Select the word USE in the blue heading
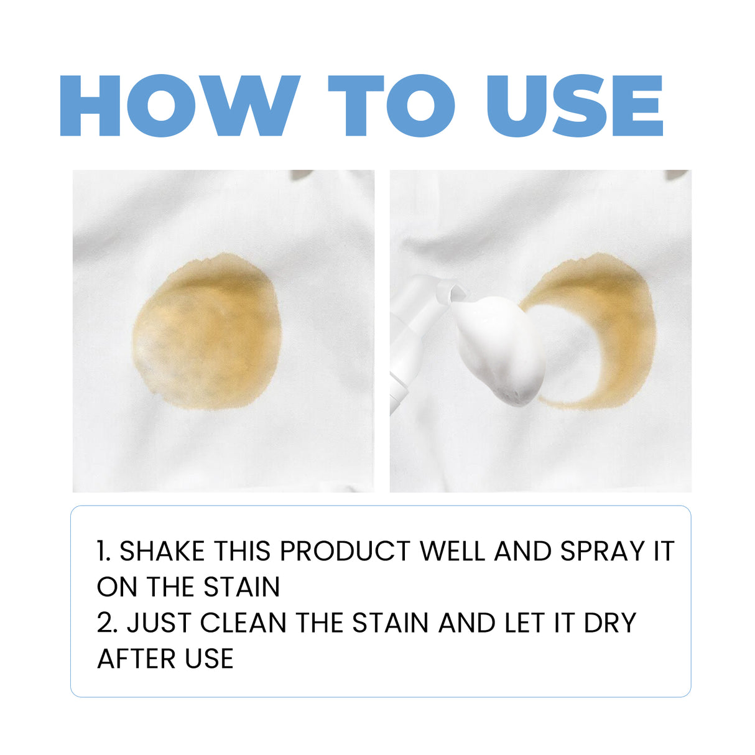(575, 106)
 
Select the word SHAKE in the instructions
(162, 552)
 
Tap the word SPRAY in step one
(603, 552)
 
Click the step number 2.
(106, 623)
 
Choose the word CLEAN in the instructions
(243, 623)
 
